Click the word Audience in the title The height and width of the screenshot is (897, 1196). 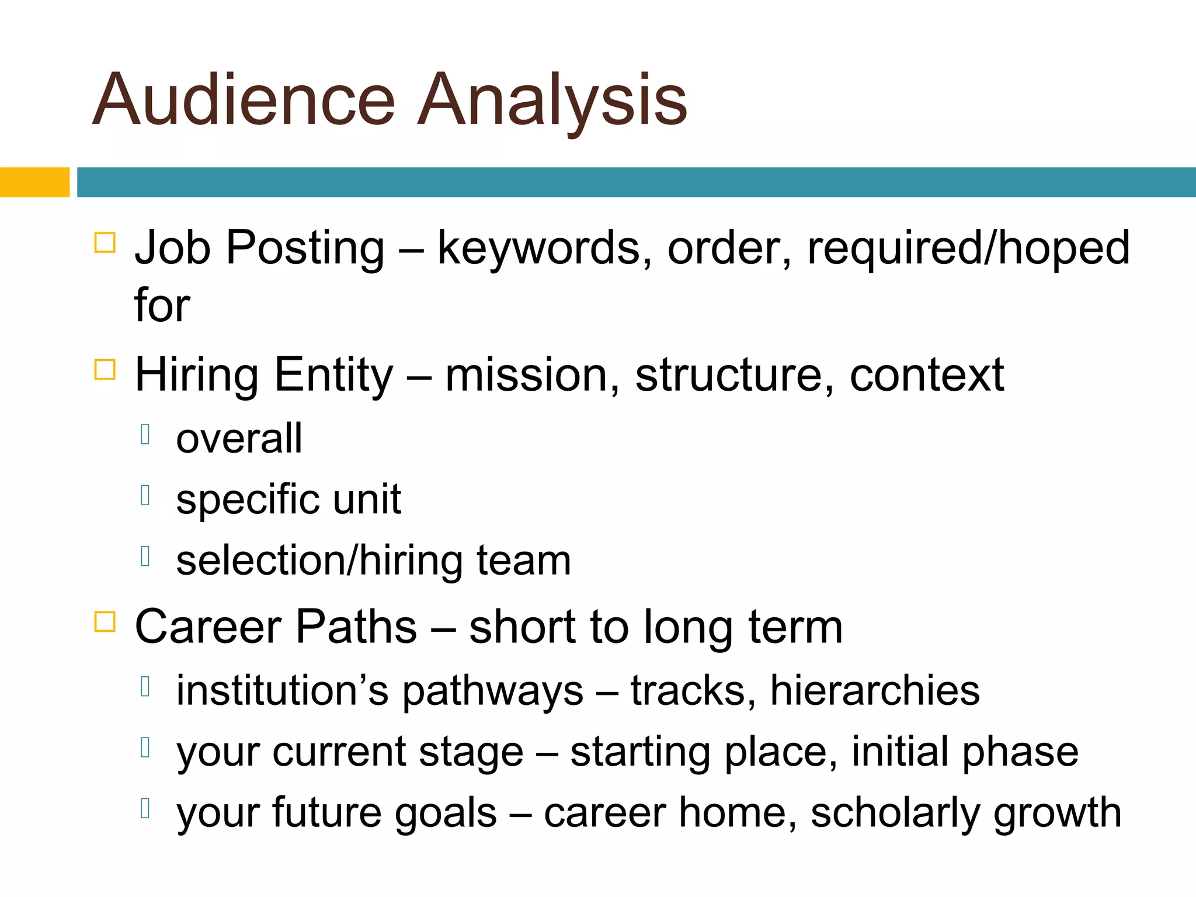click(x=244, y=99)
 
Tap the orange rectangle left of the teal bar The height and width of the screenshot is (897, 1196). click(x=34, y=182)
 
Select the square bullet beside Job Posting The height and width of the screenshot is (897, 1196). click(x=105, y=242)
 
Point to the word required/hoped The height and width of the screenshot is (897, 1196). click(x=968, y=248)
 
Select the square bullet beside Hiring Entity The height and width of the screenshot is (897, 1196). click(x=105, y=369)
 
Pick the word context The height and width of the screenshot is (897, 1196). click(x=927, y=375)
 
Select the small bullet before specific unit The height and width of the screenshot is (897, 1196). click(x=146, y=495)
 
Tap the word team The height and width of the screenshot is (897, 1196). click(x=524, y=561)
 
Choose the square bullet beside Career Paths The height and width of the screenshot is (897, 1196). click(x=105, y=621)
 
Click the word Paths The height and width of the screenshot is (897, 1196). click(x=356, y=627)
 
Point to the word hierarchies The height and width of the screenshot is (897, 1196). click(x=875, y=691)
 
